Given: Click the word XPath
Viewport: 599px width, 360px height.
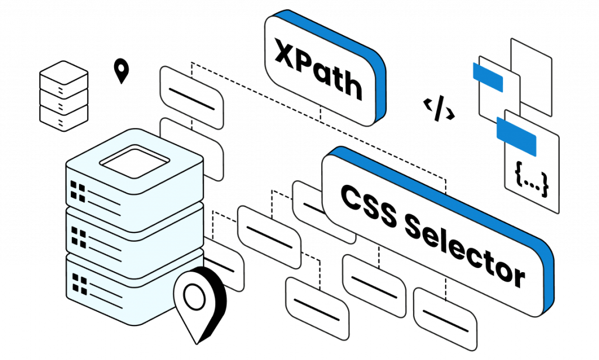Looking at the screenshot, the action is pyautogui.click(x=318, y=69).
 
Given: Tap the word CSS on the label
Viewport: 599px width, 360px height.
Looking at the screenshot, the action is pyautogui.click(x=369, y=207).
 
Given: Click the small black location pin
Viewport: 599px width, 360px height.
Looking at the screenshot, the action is pyautogui.click(x=122, y=71).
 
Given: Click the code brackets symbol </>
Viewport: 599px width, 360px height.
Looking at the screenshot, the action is pyautogui.click(x=439, y=108).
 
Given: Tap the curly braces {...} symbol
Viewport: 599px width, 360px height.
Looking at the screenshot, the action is pyautogui.click(x=531, y=179).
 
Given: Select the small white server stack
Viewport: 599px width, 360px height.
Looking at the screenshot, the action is pyautogui.click(x=64, y=96).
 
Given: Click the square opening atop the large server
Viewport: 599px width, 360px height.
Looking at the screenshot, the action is pyautogui.click(x=135, y=162).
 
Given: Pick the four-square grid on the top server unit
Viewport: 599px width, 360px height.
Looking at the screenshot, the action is pyautogui.click(x=78, y=191).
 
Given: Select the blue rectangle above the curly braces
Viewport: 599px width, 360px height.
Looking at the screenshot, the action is pyautogui.click(x=517, y=136).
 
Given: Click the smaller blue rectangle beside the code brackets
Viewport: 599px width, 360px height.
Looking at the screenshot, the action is pyautogui.click(x=488, y=77).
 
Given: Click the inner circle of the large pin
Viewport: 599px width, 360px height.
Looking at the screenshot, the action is pyautogui.click(x=194, y=296).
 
